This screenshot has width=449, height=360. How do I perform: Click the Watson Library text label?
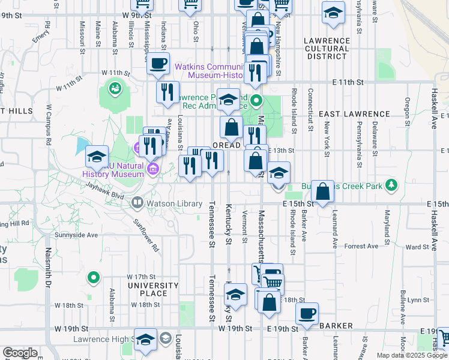click(173, 204)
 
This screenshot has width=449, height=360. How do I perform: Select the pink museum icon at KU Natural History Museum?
click(153, 169)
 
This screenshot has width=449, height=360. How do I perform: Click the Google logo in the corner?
click(20, 353)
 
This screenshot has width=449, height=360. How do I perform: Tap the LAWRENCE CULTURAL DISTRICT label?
click(327, 49)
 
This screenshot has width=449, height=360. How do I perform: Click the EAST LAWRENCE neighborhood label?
click(354, 114)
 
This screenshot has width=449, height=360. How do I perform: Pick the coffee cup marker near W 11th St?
click(158, 63)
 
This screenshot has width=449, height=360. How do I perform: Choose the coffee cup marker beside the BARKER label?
click(307, 313)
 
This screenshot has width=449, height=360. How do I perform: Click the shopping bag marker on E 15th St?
click(323, 191)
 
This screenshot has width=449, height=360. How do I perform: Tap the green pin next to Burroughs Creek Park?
click(392, 184)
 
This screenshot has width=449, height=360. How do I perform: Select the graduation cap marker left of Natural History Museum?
click(97, 157)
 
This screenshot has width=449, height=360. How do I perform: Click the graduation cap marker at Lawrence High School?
click(145, 340)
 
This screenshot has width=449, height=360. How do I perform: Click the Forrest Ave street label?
click(361, 246)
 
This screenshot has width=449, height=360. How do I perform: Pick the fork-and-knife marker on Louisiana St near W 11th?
click(167, 92)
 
